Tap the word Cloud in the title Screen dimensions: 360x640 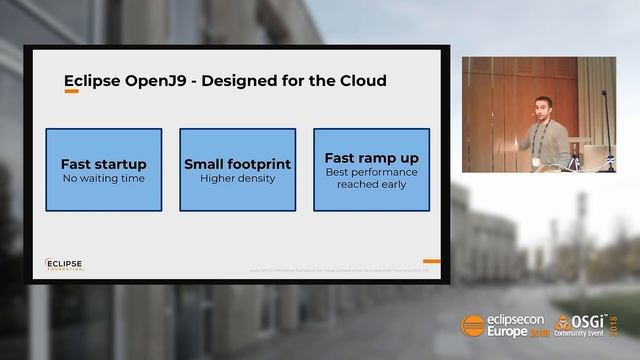357,80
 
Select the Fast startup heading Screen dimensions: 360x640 103,164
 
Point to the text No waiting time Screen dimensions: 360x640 103,179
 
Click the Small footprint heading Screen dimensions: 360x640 237,164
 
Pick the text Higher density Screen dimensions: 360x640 237,179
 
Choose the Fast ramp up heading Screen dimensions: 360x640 371,158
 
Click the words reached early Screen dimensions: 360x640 371,185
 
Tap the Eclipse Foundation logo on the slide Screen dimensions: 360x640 64,265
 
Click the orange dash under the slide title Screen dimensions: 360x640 71,92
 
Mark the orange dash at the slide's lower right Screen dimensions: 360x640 431,261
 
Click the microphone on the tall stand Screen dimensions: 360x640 603,94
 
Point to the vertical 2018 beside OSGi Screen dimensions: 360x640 614,324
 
